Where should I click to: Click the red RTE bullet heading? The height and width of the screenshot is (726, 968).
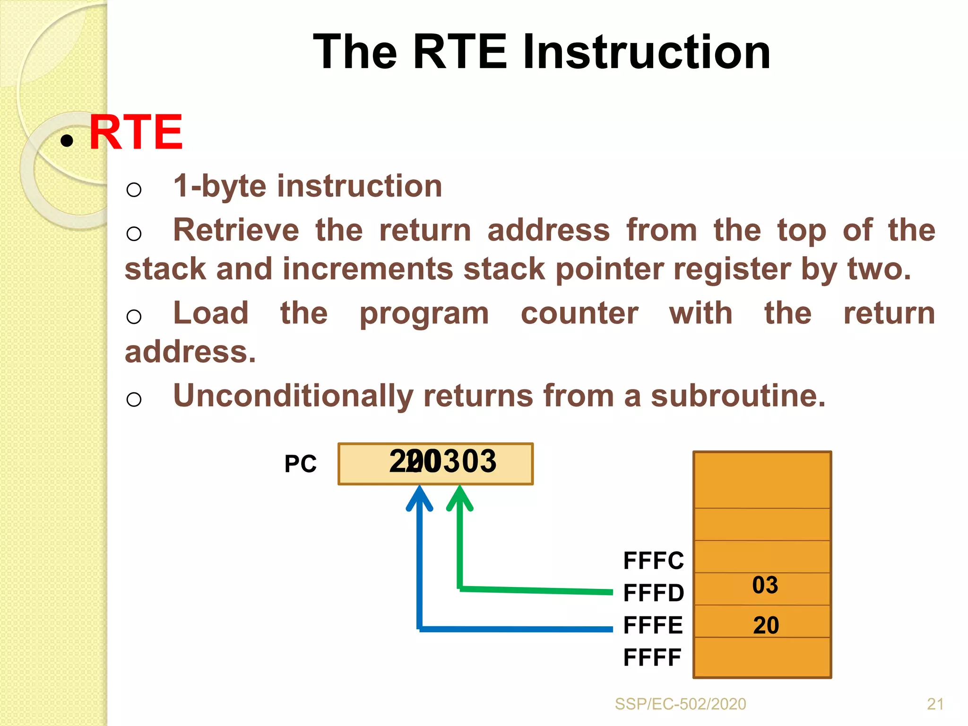[136, 133]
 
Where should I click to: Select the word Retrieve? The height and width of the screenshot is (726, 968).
[236, 231]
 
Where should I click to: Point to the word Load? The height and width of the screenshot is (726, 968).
[211, 313]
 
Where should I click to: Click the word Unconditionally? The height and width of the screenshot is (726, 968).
[293, 396]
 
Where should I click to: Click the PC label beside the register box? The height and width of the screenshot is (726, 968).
[300, 464]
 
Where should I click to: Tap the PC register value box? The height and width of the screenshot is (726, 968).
[435, 464]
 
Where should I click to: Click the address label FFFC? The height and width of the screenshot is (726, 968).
[653, 561]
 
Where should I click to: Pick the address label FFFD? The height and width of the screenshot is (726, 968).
[653, 593]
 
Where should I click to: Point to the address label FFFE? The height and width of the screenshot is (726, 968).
[653, 625]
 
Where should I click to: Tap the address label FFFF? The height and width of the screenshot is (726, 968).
[652, 657]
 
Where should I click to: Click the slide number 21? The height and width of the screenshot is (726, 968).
[935, 704]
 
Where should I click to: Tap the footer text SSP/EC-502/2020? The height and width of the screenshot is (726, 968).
[680, 704]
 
